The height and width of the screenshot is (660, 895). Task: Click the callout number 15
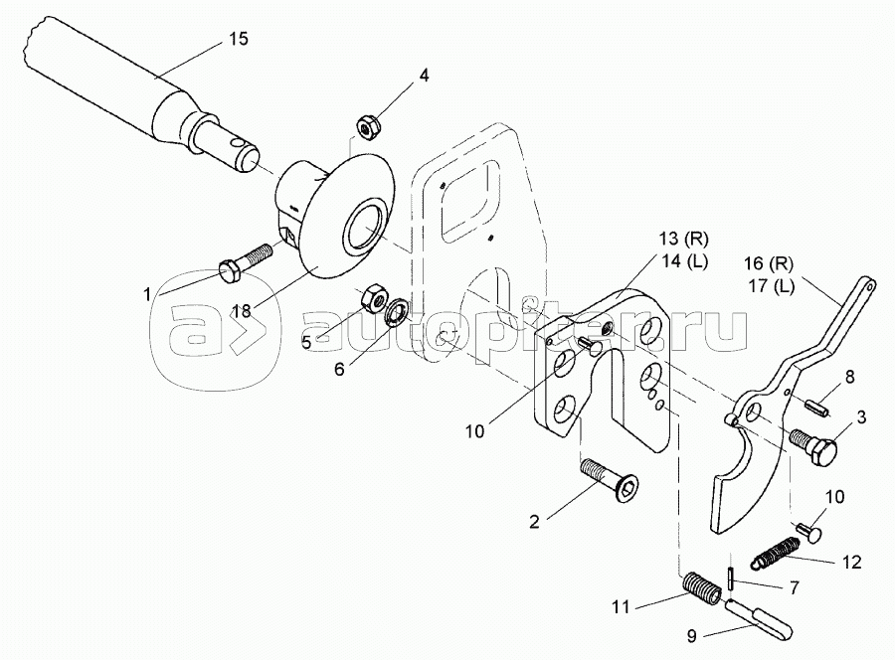point(239,39)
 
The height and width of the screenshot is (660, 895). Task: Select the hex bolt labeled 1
point(246,261)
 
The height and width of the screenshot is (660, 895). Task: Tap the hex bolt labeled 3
point(813,441)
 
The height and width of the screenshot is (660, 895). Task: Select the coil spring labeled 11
point(701,586)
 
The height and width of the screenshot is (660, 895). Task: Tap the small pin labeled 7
point(732,579)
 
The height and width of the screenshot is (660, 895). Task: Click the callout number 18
point(242,311)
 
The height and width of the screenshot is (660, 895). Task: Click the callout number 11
point(621,607)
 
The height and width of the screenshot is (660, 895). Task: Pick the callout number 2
point(534,522)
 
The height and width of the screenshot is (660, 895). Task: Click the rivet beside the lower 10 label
point(809,532)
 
